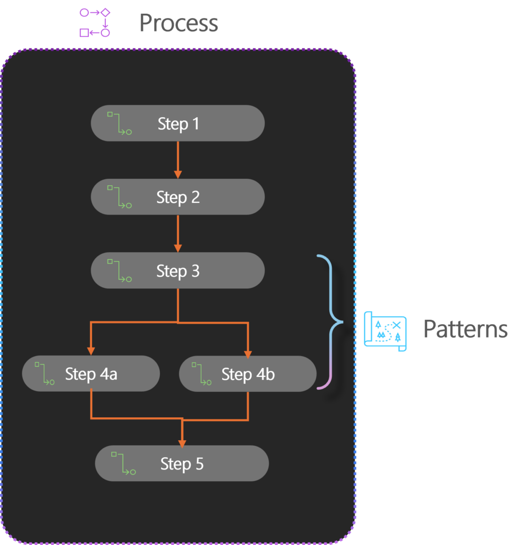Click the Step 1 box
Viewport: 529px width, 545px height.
tap(177, 123)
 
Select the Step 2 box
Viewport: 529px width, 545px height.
tap(177, 197)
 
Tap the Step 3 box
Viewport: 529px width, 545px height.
tap(177, 270)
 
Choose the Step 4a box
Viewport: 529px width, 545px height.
tap(91, 374)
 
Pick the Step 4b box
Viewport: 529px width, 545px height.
tap(248, 374)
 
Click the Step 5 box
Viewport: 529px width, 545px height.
tap(182, 464)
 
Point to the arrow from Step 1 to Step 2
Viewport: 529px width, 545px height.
tap(178, 160)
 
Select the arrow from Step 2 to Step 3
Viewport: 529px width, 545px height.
tap(178, 233)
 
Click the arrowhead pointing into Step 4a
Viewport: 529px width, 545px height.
tap(91, 351)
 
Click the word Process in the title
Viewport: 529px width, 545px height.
tap(178, 23)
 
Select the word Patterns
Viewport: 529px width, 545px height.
tap(465, 329)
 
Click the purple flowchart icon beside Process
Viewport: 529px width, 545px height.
tap(95, 22)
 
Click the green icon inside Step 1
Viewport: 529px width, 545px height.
tap(119, 123)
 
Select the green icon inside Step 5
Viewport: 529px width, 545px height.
tap(124, 463)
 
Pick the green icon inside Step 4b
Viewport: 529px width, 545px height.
tap(201, 373)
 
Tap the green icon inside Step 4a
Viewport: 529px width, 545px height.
tap(45, 373)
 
